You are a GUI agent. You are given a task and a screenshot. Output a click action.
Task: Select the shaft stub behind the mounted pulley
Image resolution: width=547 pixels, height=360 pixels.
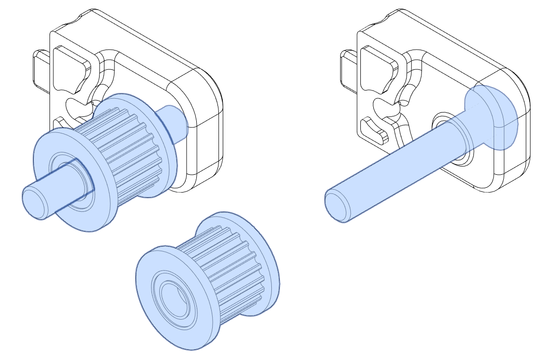176,123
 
